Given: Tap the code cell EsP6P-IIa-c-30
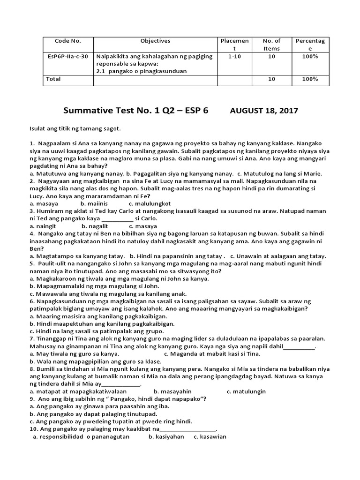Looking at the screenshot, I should pos(67,56).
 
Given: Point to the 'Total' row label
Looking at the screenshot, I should pos(53,79).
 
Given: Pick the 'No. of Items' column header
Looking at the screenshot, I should pos(271,45).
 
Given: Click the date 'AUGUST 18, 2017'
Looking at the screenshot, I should pos(263,111).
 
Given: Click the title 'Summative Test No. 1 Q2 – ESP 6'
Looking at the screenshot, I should pos(136,111).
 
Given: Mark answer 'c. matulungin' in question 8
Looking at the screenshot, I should pos(246,391).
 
